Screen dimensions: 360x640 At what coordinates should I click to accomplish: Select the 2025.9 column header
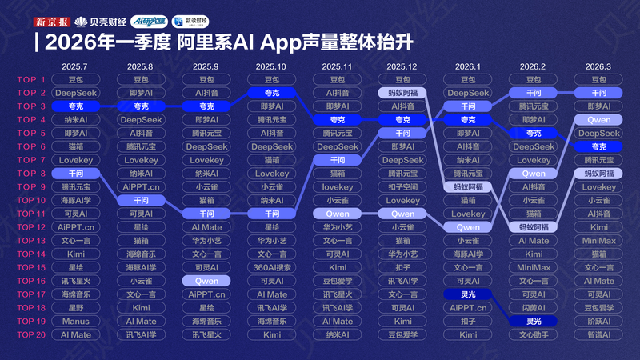coord(206,66)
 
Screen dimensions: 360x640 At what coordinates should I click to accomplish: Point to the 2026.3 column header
coord(598,66)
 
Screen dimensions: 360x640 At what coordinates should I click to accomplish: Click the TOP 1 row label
coord(31,80)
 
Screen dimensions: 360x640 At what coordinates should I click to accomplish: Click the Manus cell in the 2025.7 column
coord(75,321)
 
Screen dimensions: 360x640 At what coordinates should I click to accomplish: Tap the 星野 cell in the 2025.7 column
coord(75,307)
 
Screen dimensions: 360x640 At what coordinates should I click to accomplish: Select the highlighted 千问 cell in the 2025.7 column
coord(75,174)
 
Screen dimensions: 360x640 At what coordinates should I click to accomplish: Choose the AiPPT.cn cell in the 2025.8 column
coord(141,187)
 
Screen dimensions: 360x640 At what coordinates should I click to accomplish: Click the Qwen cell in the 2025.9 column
coord(206,281)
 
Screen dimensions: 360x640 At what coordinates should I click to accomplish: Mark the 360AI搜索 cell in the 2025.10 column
coord(272,267)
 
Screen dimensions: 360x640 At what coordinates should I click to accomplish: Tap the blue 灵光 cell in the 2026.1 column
coord(468,294)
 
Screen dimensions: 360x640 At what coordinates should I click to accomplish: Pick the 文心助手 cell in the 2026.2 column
coord(534,334)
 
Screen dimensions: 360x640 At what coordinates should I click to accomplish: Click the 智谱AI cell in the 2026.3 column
coord(598,334)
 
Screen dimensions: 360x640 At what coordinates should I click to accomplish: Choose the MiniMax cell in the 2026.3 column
coord(598,241)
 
